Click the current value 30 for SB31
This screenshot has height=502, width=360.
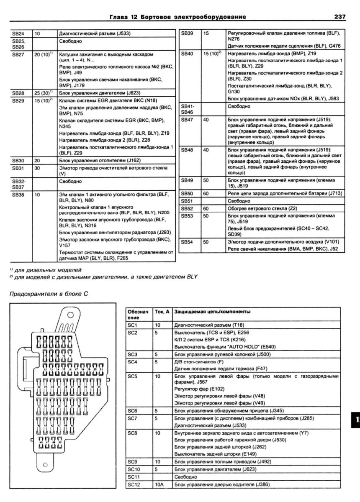[x=37, y=167]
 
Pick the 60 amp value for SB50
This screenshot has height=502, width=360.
[x=206, y=194]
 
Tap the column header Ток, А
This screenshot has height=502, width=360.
[x=161, y=312]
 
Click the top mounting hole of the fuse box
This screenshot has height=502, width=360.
[x=70, y=315]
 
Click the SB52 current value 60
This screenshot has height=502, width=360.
[x=206, y=208]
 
